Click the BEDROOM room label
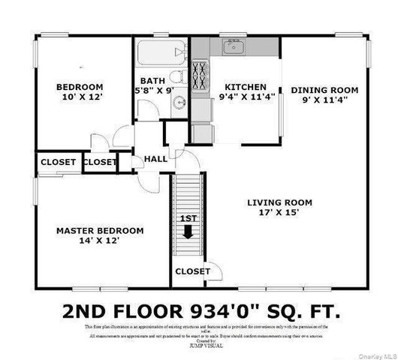pos(79,86)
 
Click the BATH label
pos(154,81)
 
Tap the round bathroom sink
pos(178,103)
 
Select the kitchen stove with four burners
pos(201,75)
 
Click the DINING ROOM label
pos(324,89)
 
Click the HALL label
pos(156,159)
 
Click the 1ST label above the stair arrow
pos(188,218)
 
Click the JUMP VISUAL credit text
pos(199,346)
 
